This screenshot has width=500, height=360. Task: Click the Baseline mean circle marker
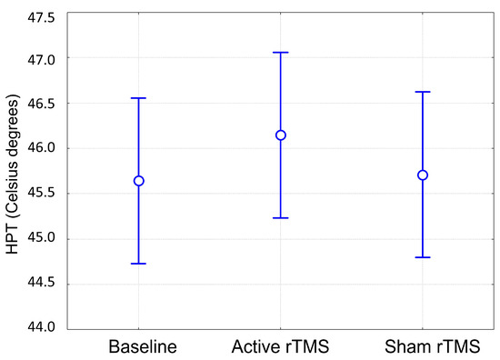(139, 181)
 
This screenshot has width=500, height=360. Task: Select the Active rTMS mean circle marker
(281, 135)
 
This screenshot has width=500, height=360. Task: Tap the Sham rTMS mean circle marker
(423, 175)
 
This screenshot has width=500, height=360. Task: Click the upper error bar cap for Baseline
(139, 98)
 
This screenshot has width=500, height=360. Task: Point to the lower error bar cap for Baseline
(139, 264)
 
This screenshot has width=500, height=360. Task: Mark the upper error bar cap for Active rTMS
(281, 53)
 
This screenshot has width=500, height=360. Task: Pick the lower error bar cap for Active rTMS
(281, 218)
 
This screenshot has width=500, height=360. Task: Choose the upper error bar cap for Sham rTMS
(423, 92)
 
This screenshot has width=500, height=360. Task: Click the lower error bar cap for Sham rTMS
(423, 257)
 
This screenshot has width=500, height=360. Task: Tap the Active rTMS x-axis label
(281, 346)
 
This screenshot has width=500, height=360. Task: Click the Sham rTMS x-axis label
(423, 346)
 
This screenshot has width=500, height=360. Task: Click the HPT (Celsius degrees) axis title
(12, 173)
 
